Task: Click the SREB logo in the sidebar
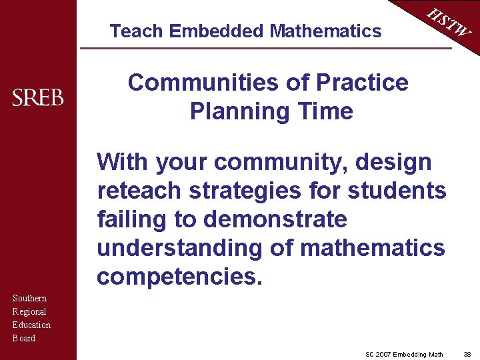(38, 98)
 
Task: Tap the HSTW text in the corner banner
(449, 23)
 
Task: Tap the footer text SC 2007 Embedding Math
(404, 354)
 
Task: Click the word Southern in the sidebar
(30, 299)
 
